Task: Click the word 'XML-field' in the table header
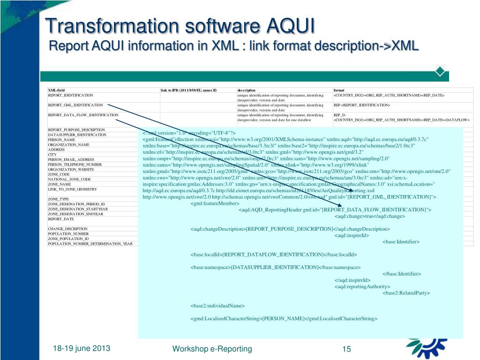56,90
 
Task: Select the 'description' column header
247,90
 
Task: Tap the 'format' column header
339,90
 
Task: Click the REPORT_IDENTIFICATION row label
70,95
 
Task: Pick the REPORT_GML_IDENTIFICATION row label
75,105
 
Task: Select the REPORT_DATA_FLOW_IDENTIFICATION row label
83,115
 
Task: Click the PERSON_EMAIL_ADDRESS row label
71,159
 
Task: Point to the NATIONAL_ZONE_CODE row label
69,179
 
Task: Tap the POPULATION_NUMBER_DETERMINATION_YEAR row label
90,244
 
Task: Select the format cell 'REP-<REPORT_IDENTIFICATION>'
362,105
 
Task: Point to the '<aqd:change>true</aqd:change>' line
369,216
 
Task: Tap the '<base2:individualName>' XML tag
217,306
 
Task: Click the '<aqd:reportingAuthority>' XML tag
362,286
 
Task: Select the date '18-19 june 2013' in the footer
82,348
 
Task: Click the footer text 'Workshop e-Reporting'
212,349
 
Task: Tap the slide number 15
347,349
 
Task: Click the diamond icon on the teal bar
440,71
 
